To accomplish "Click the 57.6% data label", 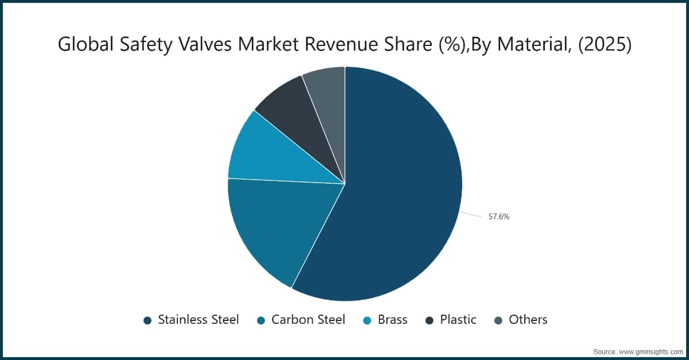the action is point(499,216).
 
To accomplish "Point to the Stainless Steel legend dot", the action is point(148,320).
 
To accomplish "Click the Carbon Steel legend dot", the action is point(261,320).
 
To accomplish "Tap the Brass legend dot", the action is point(367,320).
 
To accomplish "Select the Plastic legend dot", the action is point(429,320).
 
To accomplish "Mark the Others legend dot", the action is point(498,320).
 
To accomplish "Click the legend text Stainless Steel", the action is point(199,320).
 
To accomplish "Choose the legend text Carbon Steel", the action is point(308,320).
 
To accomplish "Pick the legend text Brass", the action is point(393,320).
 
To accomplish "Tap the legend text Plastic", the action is point(458,320).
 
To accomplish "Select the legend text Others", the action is point(528,320).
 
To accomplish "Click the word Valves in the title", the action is point(205,44).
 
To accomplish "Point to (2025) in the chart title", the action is point(605,44).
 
